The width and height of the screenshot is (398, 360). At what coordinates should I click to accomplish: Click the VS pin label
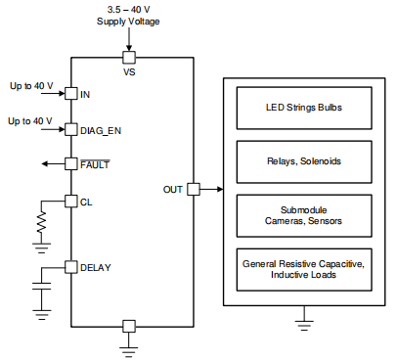pos(129,71)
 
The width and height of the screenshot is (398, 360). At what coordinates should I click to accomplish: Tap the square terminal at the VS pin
pos(129,58)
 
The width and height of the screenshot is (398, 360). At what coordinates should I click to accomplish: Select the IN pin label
pos(85,94)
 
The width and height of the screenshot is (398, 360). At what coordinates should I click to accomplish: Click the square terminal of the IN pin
pos(70,94)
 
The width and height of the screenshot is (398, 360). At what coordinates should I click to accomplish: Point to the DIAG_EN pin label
pos(102,129)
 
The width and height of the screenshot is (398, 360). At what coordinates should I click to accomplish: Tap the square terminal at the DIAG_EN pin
pos(70,129)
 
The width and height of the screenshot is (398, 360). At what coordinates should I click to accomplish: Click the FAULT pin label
pos(95,164)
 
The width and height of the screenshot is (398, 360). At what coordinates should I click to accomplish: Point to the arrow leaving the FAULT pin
pos(51,164)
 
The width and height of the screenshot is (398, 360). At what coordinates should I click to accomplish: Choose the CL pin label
pos(85,201)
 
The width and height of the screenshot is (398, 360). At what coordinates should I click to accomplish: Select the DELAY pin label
pos(96,266)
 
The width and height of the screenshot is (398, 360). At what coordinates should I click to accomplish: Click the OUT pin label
pos(172,189)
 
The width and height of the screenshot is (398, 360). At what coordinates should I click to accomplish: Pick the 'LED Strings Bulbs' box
pos(303,108)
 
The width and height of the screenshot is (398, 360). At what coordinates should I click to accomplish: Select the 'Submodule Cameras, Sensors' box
pos(303,215)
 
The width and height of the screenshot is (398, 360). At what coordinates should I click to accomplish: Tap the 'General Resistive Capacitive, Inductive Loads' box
pos(303,269)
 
